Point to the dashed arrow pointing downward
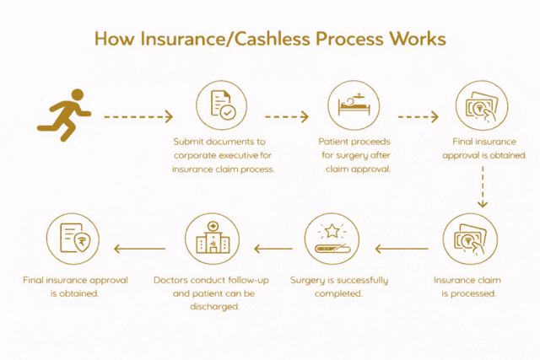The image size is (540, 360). pyautogui.click(x=483, y=187)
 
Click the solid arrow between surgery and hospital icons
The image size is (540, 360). pyautogui.click(x=273, y=249)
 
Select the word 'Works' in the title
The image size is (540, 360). pyautogui.click(x=417, y=40)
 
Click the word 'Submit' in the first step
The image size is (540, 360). pyautogui.click(x=190, y=142)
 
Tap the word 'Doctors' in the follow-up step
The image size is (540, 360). pyautogui.click(x=174, y=280)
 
